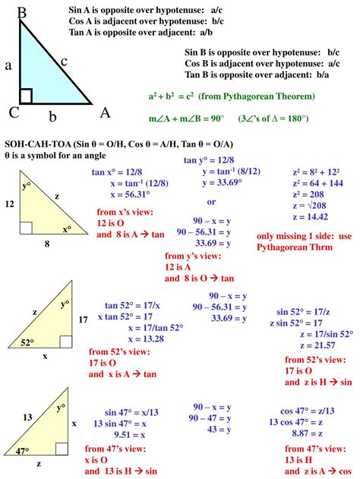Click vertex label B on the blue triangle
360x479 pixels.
[22, 12]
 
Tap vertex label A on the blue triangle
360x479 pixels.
[106, 113]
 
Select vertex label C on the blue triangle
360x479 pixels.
[14, 112]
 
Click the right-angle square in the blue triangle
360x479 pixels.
[27, 96]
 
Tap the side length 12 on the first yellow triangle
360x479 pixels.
[9, 204]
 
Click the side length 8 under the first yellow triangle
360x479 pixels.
[46, 244]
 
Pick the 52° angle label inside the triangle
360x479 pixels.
[27, 342]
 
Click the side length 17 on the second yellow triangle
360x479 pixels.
[84, 320]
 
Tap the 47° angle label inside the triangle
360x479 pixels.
[22, 451]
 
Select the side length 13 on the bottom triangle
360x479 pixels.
[27, 417]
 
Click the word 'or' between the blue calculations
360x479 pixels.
[211, 201]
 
